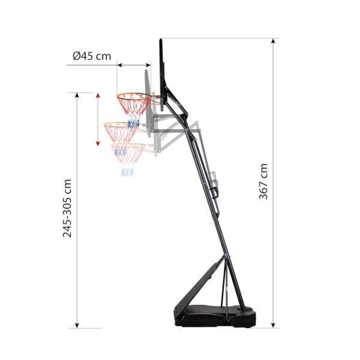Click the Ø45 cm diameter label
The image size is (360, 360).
click(92, 56)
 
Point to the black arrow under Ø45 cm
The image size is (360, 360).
click(133, 65)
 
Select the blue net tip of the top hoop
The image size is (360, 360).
click(133, 123)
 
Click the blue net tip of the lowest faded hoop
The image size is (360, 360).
click(127, 173)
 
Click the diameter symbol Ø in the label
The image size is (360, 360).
click(77, 56)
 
